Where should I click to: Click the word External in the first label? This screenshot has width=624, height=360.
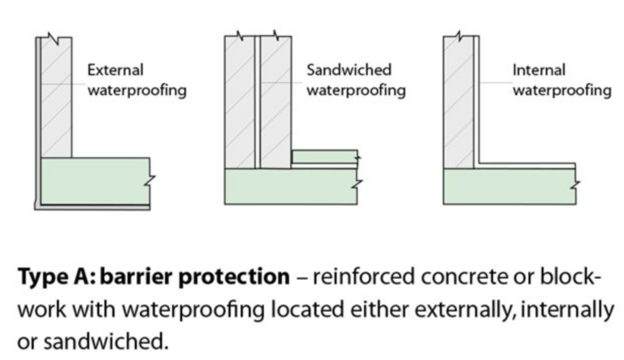point(115,71)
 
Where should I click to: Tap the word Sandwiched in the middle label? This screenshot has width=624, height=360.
point(349,71)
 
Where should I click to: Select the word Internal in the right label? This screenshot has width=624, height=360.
point(539,71)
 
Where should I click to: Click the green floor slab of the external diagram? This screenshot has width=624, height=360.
point(93,181)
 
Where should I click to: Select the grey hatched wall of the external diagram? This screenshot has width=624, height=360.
point(57,98)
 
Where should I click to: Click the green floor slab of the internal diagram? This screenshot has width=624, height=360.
point(508,186)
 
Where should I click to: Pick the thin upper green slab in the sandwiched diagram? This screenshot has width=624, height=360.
point(323,157)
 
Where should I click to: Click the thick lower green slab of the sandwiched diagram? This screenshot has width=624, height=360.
point(290,186)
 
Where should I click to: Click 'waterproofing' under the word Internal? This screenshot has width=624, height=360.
point(561,89)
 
